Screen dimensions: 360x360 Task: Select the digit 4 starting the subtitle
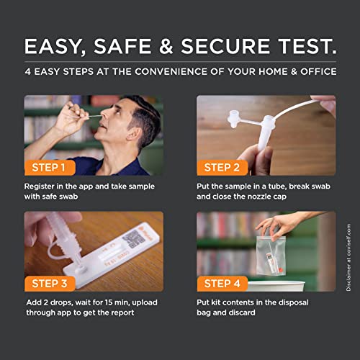pos(27,72)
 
